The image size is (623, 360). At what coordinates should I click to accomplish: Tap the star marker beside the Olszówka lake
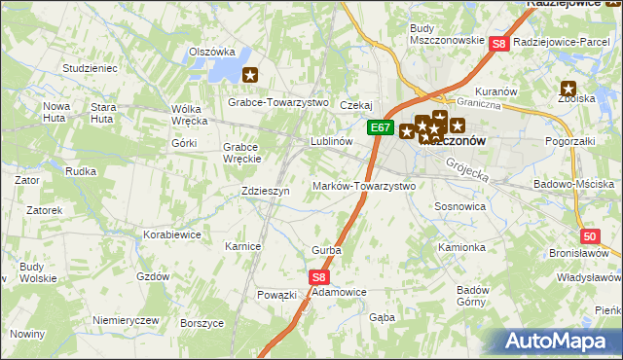point(250,74)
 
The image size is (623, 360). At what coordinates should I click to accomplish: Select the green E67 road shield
point(381,128)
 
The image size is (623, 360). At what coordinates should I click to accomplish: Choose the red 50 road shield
point(590,236)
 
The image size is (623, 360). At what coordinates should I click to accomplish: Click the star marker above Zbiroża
point(568,90)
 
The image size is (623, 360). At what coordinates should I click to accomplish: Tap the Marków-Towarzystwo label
point(364,186)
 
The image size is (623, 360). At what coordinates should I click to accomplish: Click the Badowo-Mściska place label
point(574,184)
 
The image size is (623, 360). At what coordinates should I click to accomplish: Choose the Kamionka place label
point(461,247)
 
